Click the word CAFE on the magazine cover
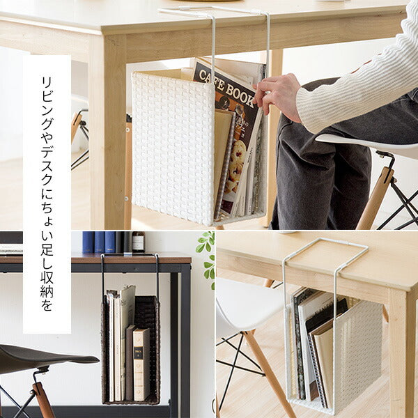click(x=210, y=79)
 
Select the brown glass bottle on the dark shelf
click(x=138, y=242)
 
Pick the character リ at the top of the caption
click(x=47, y=84)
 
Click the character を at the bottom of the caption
click(x=47, y=304)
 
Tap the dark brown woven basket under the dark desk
click(x=131, y=349)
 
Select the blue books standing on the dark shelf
click(x=99, y=242)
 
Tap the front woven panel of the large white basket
click(x=173, y=148)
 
